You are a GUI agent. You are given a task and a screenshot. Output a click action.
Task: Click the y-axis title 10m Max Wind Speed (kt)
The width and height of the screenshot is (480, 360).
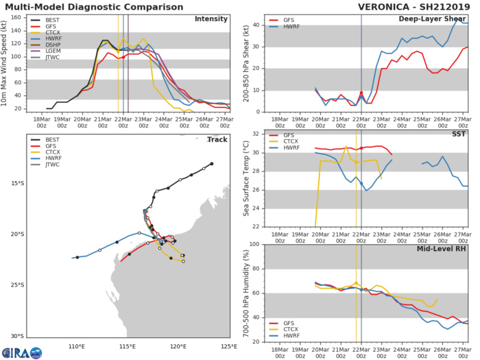tap(6, 63)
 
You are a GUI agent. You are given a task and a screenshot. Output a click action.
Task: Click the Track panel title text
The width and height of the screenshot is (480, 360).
tap(218, 140)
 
